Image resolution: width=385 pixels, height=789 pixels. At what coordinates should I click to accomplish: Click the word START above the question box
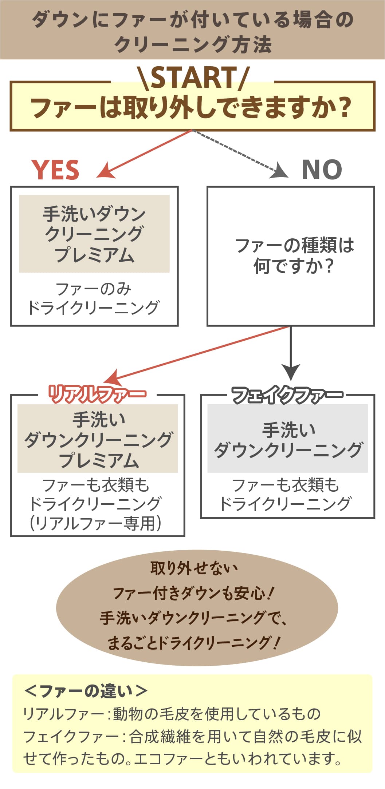click(193, 78)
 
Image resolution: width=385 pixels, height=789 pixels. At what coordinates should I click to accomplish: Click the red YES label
click(55, 170)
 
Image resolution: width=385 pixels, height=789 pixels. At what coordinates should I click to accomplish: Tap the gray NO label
click(322, 170)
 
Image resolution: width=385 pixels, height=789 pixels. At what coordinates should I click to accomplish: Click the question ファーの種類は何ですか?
click(294, 255)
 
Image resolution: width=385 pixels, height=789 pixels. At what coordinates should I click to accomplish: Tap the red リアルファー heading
click(97, 394)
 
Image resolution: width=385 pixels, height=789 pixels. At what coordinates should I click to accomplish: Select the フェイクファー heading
click(287, 394)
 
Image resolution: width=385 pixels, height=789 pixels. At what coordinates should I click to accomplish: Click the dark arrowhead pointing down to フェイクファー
click(291, 372)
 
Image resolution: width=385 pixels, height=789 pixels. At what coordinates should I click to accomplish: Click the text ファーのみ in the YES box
click(94, 289)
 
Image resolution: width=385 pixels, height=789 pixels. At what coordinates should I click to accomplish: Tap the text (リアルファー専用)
click(95, 523)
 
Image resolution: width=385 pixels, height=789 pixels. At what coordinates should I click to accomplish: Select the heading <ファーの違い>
click(85, 691)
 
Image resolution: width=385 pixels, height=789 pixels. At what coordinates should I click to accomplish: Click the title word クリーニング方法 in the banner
click(193, 44)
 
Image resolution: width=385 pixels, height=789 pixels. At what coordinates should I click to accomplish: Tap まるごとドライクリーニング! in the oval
click(193, 643)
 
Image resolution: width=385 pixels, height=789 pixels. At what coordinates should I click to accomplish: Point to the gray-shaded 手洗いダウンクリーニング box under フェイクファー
click(287, 439)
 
